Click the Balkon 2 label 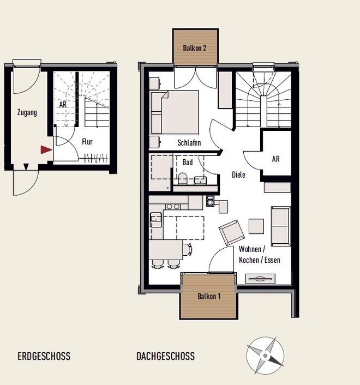click(194, 48)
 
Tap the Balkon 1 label click(209, 296)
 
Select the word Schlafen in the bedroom click(189, 143)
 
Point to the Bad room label click(188, 163)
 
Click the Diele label click(238, 175)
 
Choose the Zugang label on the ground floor click(27, 113)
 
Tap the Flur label click(87, 142)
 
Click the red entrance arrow click(46, 150)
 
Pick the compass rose click(265, 356)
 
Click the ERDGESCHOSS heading click(44, 356)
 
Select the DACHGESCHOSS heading click(165, 356)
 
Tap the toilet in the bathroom click(183, 179)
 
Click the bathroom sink click(200, 181)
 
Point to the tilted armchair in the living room click(232, 232)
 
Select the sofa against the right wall click(281, 226)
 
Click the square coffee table click(256, 226)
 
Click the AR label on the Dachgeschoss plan click(276, 159)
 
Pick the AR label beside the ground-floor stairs click(63, 105)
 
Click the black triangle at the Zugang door click(26, 167)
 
